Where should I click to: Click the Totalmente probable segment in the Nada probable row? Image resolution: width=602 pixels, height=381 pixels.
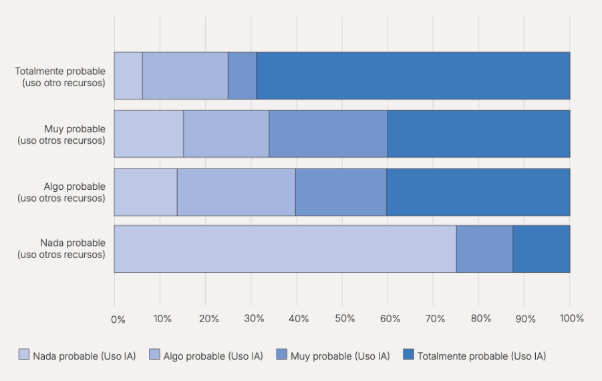tap(541, 249)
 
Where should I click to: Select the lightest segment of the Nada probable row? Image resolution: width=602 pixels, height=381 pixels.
tap(285, 249)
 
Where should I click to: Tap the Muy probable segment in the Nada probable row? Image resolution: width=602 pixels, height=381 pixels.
tap(484, 249)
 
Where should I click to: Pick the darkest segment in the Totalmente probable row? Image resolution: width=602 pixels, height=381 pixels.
tap(413, 76)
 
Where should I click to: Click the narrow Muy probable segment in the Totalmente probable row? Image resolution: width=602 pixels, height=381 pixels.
tap(242, 76)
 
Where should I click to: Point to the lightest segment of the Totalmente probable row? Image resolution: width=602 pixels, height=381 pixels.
tap(128, 76)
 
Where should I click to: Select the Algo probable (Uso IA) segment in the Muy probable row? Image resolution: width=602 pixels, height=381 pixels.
tap(226, 134)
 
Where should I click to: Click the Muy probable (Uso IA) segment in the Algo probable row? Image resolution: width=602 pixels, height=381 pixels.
tap(341, 192)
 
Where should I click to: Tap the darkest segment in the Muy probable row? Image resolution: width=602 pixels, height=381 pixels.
tap(478, 134)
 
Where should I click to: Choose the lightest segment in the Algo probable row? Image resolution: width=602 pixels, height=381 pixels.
tap(146, 192)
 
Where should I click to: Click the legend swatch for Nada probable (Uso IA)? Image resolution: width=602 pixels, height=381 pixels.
tap(24, 355)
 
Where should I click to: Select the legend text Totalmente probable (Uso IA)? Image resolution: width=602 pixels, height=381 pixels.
tap(481, 356)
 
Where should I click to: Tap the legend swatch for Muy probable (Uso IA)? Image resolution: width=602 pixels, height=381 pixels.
tap(281, 355)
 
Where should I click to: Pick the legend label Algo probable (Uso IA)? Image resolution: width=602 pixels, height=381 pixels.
tap(212, 356)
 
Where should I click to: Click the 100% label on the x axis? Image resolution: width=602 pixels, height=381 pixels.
tap(572, 319)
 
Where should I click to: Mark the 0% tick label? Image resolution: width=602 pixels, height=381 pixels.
tap(118, 319)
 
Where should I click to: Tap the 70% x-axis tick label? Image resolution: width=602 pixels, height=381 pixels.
tap(436, 319)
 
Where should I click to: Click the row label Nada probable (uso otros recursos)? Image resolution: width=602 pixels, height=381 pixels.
tap(61, 249)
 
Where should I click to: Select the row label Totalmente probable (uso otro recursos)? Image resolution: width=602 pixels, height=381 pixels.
tap(60, 76)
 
